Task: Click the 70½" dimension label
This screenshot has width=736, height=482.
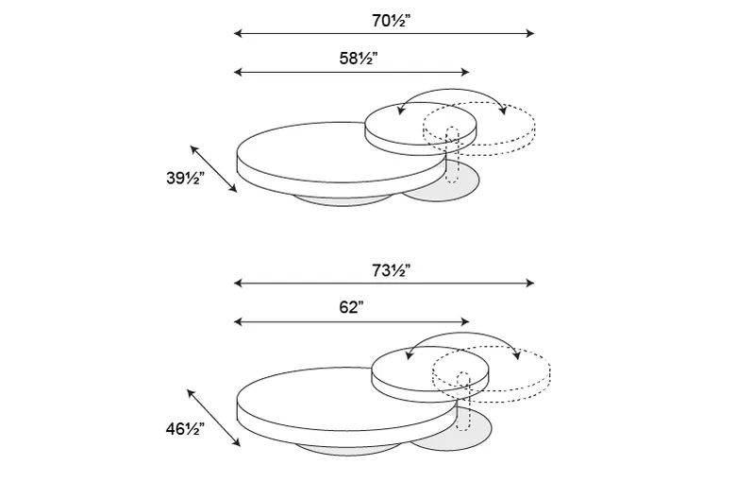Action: (x=391, y=21)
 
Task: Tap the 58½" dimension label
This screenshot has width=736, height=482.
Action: (x=359, y=59)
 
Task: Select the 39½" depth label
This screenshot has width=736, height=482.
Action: (x=185, y=179)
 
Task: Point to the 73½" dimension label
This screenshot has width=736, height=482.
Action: (x=391, y=271)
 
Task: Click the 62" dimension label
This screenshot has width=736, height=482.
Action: (x=352, y=307)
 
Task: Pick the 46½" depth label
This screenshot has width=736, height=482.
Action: (x=185, y=429)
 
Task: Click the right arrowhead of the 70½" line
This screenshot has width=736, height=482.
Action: (x=530, y=33)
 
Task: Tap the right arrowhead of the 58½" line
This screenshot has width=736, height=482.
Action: (x=464, y=72)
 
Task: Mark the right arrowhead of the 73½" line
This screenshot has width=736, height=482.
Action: (x=530, y=283)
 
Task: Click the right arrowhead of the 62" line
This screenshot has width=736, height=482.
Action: (x=464, y=321)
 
